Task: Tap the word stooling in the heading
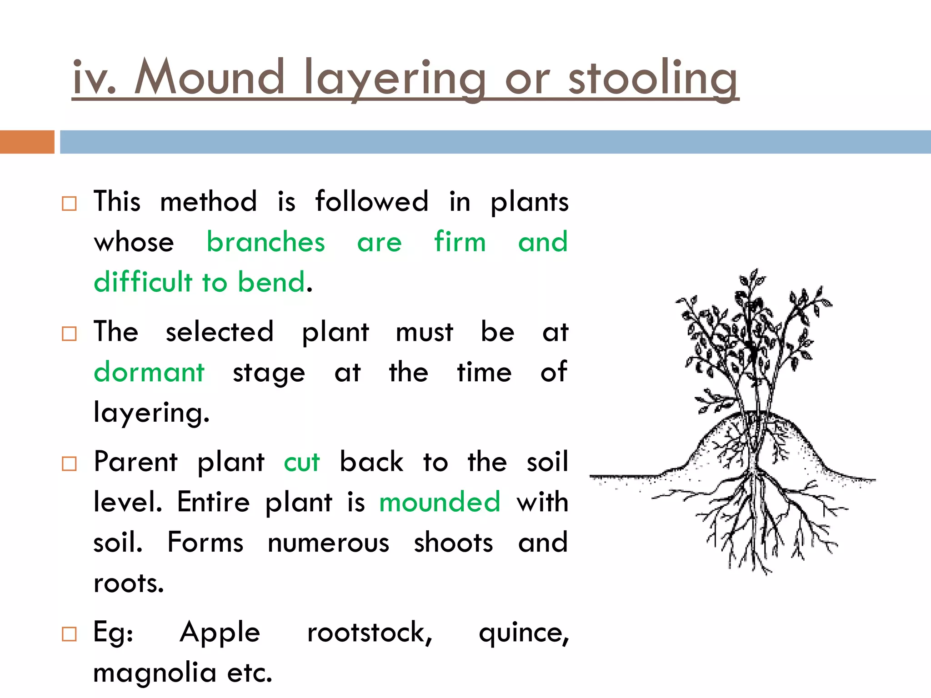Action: tap(653, 78)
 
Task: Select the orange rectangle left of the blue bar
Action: tap(27, 142)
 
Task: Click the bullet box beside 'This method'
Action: tap(69, 203)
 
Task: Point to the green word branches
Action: tap(266, 242)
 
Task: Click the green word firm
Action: tap(460, 242)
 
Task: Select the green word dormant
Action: tap(149, 373)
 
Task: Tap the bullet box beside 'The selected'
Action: tap(69, 334)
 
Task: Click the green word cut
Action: tap(302, 463)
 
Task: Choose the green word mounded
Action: tap(440, 502)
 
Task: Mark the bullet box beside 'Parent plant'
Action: tap(69, 464)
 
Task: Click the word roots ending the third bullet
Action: tap(129, 583)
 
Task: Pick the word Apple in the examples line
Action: tap(220, 633)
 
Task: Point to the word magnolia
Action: tap(155, 673)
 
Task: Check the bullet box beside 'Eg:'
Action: tap(69, 634)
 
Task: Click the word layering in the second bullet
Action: tap(151, 413)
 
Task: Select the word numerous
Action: tap(328, 543)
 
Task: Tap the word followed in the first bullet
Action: tap(372, 201)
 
